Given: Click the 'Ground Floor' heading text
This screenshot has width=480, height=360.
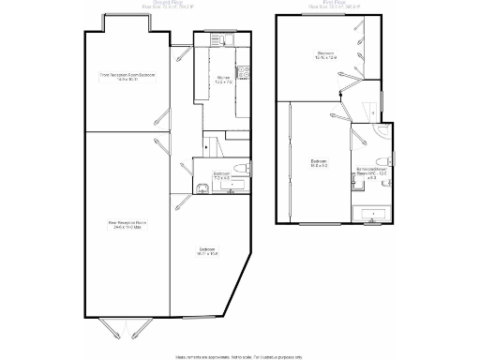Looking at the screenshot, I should [x=167, y=4].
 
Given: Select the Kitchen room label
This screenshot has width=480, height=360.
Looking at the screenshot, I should [x=223, y=78].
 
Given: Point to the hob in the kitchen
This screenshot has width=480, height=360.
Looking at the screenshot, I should [x=244, y=73].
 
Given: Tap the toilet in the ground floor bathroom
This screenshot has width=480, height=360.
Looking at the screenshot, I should [x=242, y=169].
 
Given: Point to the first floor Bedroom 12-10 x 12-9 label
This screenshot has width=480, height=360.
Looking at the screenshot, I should [x=326, y=55].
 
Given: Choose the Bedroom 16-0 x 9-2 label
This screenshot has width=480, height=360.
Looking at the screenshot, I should [x=319, y=163].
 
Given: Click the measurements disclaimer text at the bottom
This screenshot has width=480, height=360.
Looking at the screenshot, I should [x=239, y=355].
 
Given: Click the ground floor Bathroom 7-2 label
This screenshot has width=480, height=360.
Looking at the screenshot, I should [x=222, y=175].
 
